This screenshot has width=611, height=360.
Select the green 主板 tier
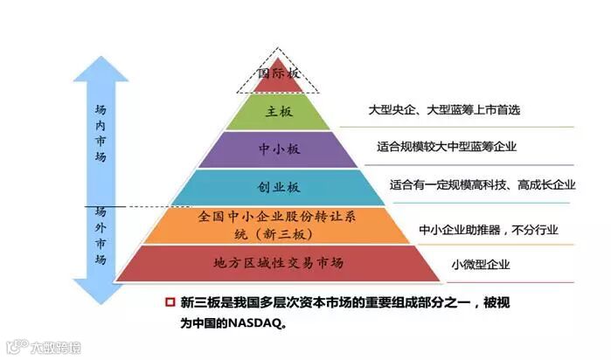tap(280, 112)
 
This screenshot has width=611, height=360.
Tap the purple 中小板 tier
tap(280, 149)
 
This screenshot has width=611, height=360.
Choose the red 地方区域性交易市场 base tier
tap(278, 262)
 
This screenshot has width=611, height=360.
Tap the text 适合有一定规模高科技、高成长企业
tap(483, 184)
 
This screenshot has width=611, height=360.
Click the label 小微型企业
tap(480, 264)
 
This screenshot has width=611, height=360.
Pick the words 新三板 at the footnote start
tap(197, 303)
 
